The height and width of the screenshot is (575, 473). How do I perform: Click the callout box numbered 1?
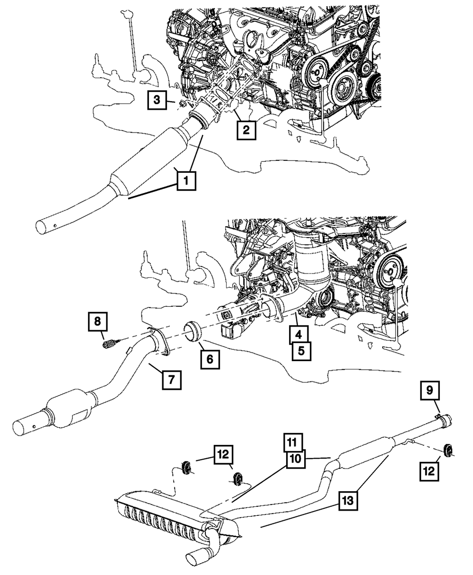tap(186, 181)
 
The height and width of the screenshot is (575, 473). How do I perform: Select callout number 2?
tap(246, 130)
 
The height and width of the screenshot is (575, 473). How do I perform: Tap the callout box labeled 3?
tap(157, 100)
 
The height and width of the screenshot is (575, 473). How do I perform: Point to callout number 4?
tap(297, 335)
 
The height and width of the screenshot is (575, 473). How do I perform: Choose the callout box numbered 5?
tap(301, 350)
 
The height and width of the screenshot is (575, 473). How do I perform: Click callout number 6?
tap(210, 359)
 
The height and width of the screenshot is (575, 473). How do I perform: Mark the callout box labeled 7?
tap(171, 380)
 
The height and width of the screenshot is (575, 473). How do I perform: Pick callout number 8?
tap(97, 322)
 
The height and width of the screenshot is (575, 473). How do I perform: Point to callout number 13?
tap(348, 500)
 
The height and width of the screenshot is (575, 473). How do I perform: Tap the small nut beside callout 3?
tap(181, 103)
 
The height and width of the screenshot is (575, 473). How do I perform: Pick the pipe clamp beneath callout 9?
tap(439, 417)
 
